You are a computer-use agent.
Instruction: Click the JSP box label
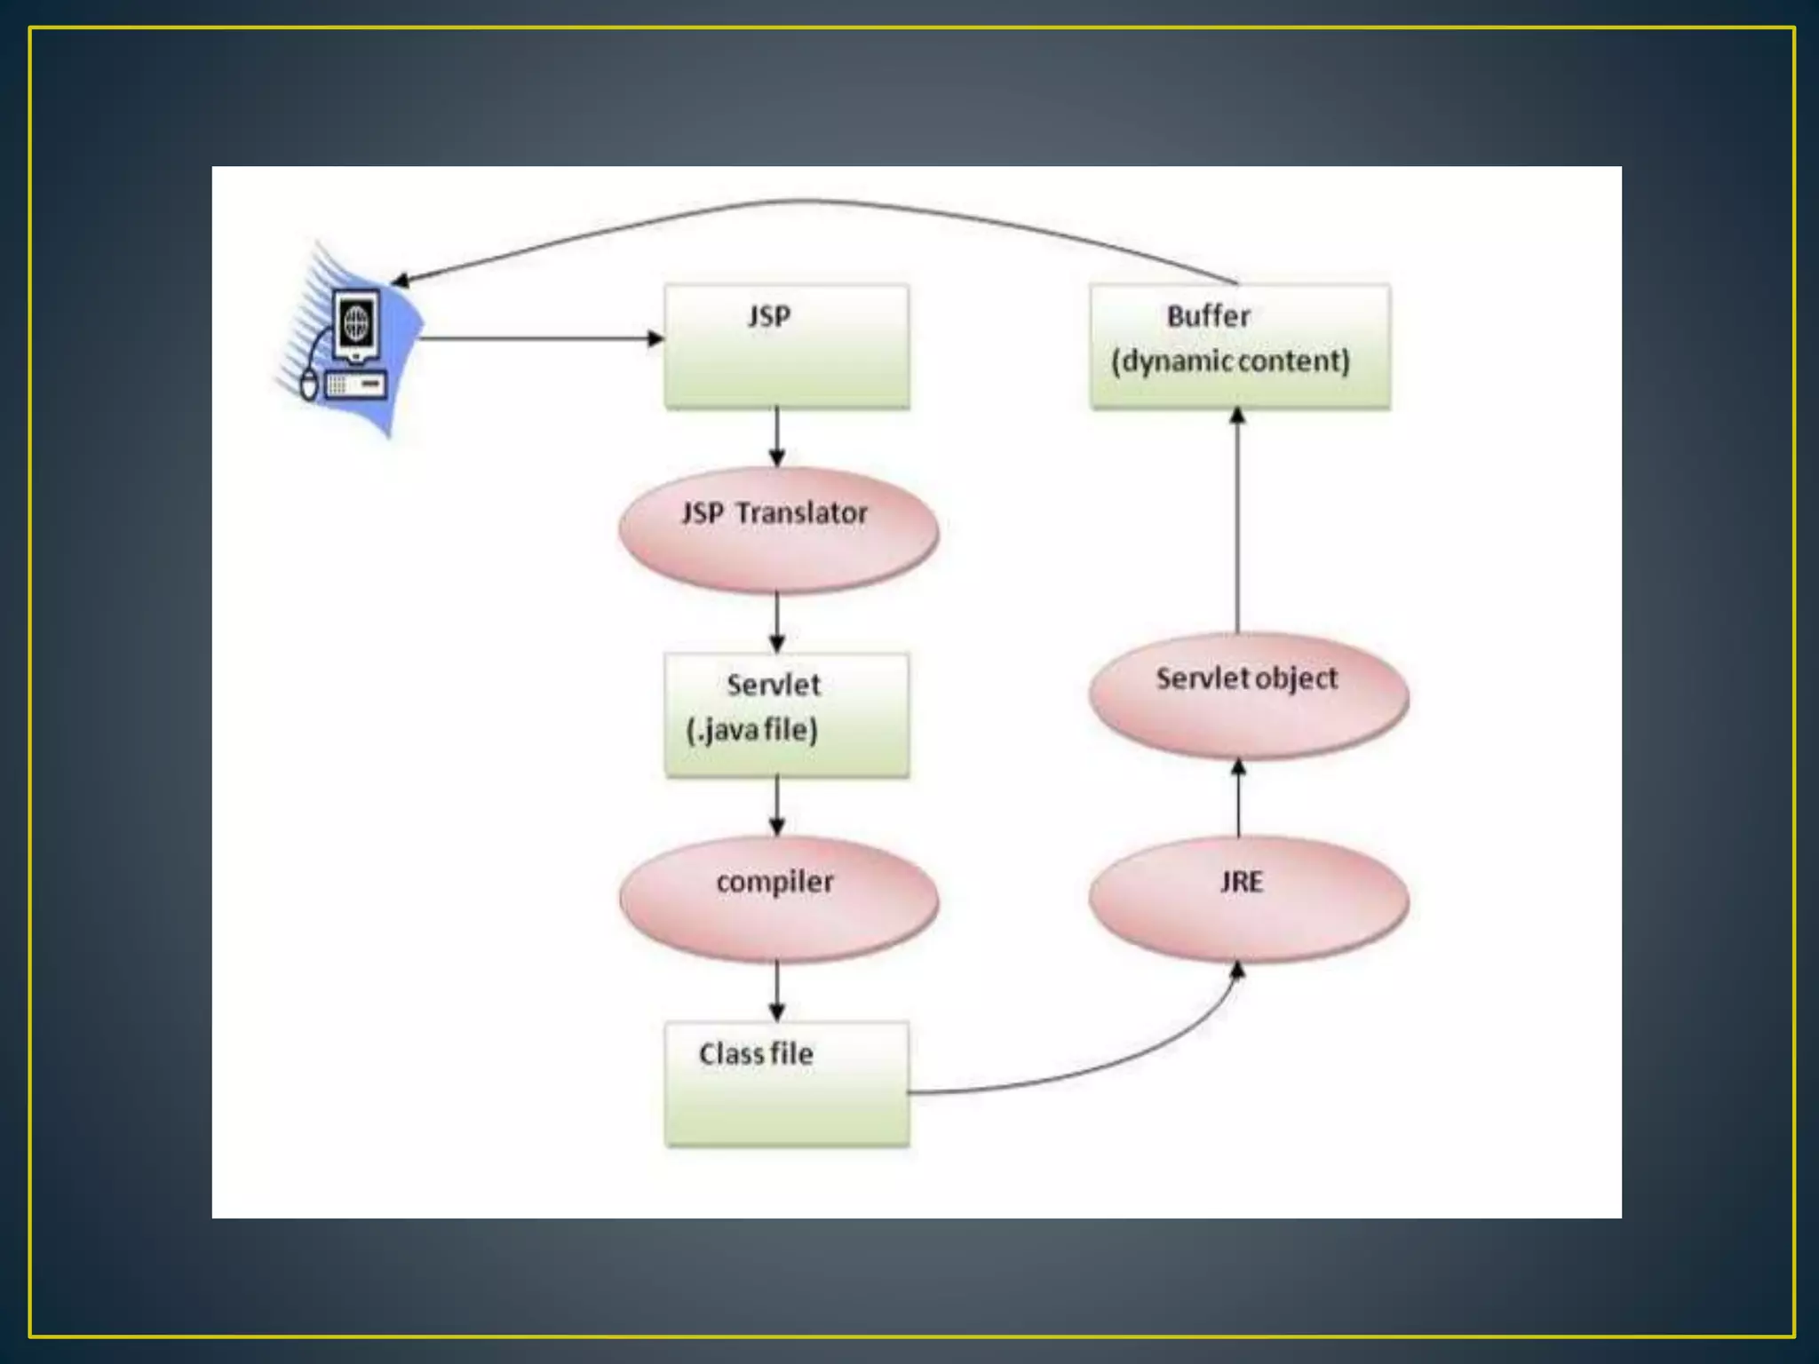(x=769, y=316)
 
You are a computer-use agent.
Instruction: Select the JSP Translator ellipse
(x=778, y=530)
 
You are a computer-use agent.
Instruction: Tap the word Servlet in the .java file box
(x=773, y=685)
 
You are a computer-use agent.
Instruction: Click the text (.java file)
(x=752, y=730)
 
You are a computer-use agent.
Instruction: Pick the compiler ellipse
(x=778, y=899)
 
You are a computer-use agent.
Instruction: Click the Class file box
(x=787, y=1083)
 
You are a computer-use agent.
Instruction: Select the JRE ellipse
(x=1248, y=899)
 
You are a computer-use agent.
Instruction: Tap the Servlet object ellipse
(x=1248, y=695)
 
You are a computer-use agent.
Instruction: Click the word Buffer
(x=1208, y=316)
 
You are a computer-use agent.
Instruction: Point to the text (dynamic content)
(x=1230, y=361)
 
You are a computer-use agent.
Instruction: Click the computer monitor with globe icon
(x=356, y=325)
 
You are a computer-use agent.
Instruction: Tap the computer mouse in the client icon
(x=308, y=385)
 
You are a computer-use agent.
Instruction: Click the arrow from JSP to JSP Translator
(x=777, y=437)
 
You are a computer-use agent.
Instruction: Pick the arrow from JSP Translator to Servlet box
(x=777, y=622)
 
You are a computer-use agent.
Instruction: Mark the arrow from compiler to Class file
(x=777, y=990)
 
